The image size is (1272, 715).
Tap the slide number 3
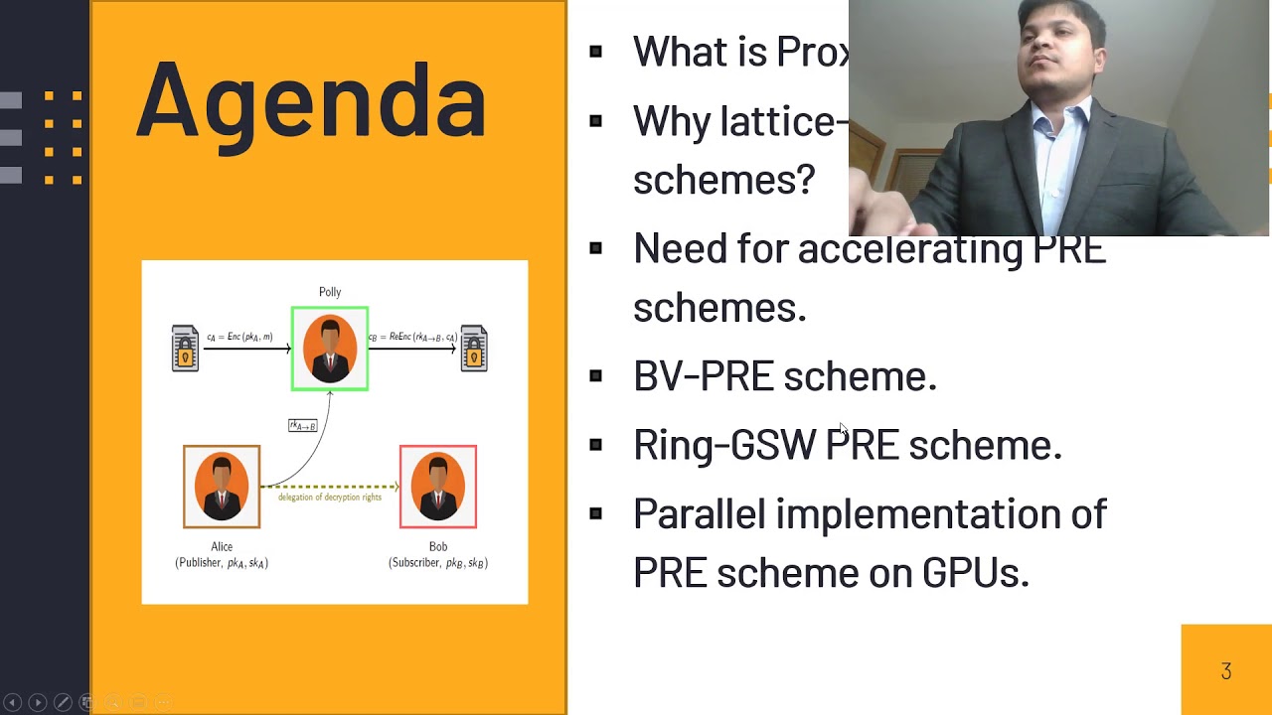click(1225, 672)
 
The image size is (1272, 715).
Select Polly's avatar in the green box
click(330, 349)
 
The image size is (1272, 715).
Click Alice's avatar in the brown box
click(222, 487)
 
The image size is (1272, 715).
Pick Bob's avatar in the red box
click(438, 487)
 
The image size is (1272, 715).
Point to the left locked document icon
click(185, 349)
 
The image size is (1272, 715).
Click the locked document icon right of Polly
click(474, 349)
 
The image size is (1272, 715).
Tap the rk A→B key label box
click(303, 426)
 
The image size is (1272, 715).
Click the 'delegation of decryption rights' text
click(329, 497)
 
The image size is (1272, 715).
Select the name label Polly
click(330, 292)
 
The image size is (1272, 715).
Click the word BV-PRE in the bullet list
click(703, 376)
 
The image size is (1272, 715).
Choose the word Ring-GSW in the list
click(724, 445)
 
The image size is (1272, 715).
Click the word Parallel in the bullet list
click(699, 514)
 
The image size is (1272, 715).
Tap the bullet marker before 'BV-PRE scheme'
click(595, 376)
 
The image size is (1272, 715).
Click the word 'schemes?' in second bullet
click(723, 180)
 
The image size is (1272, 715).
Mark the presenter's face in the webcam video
click(1060, 60)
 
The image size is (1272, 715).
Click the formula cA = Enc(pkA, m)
click(239, 338)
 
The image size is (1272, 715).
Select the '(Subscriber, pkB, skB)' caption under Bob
click(438, 563)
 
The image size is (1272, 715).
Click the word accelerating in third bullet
click(909, 248)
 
